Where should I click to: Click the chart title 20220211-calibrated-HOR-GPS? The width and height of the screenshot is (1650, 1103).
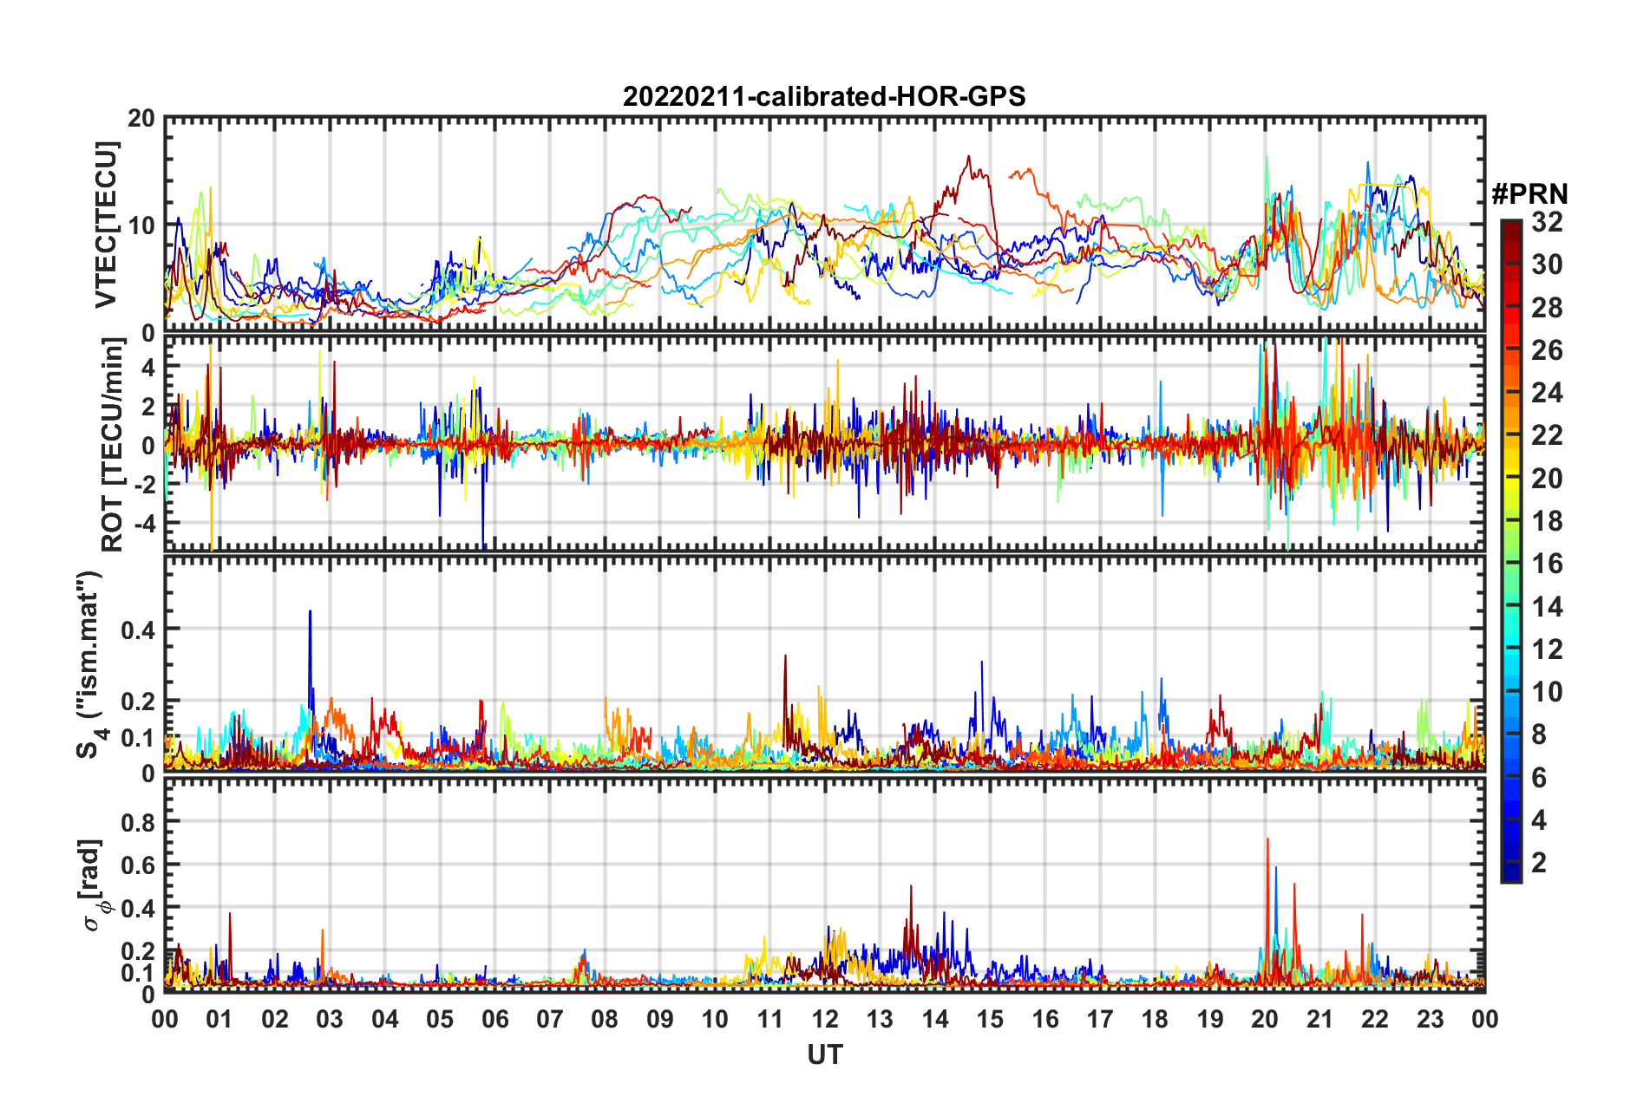click(x=824, y=96)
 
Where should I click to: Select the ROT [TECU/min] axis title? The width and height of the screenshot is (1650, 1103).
click(x=113, y=445)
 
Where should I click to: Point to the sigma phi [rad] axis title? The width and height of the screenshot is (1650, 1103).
click(x=94, y=884)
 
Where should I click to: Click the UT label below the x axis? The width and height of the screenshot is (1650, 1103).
click(x=824, y=1054)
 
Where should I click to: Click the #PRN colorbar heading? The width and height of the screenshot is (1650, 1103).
click(x=1529, y=194)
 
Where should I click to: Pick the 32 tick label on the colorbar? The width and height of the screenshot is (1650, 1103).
click(x=1547, y=222)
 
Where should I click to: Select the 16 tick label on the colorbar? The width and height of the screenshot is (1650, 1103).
click(x=1547, y=564)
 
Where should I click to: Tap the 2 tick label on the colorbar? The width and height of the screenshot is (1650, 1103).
click(x=1539, y=862)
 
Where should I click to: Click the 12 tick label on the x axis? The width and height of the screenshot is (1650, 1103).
click(x=825, y=1019)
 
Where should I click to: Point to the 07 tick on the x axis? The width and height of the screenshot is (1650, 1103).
click(x=550, y=1019)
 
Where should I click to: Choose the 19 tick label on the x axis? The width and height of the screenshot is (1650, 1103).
click(x=1210, y=1019)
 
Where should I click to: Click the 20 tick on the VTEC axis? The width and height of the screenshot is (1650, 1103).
click(x=141, y=118)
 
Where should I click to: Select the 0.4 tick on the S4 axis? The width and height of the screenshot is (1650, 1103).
click(x=139, y=630)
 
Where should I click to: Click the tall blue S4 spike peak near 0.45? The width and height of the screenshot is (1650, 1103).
click(x=310, y=611)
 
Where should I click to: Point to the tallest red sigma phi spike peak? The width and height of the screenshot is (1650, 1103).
click(x=1267, y=839)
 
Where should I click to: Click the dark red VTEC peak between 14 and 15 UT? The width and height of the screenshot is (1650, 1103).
click(x=968, y=157)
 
